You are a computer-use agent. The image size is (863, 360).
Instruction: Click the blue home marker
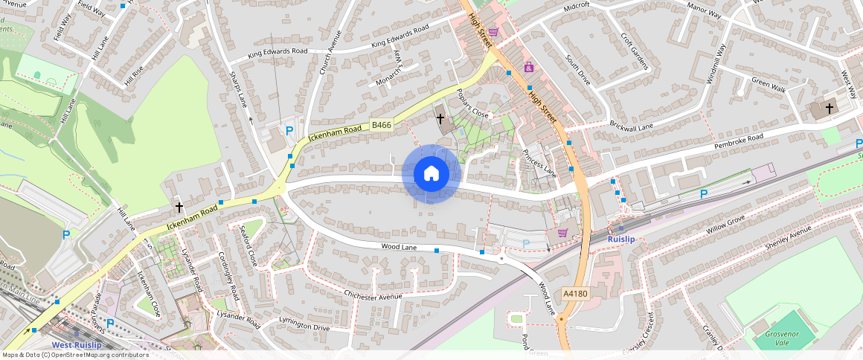click(x=431, y=174)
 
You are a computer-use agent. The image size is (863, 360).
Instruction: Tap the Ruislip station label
click(x=620, y=239)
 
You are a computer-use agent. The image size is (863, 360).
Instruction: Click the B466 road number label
click(x=382, y=125)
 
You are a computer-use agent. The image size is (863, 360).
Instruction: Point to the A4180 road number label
click(x=575, y=294)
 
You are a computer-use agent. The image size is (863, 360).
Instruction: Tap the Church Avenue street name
click(x=330, y=52)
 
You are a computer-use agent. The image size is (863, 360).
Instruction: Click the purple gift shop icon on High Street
click(x=529, y=67)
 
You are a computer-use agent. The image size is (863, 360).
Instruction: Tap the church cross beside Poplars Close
click(x=440, y=118)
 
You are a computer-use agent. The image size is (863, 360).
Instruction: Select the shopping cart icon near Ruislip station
click(x=562, y=233)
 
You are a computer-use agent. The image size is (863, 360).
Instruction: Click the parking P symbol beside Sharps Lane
click(x=289, y=130)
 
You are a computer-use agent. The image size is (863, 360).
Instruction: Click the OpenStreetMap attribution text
click(x=74, y=355)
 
